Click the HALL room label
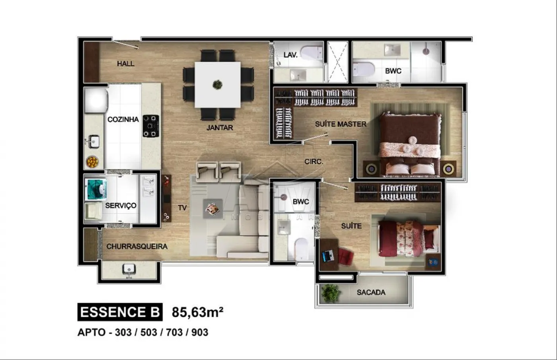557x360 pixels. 126,64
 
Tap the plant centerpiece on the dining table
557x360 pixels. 218,84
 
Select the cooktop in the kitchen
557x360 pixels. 151,126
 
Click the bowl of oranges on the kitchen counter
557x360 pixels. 92,162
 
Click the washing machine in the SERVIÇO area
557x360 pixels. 96,189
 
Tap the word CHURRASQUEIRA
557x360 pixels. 137,246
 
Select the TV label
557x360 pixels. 182,208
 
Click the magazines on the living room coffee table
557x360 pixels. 212,209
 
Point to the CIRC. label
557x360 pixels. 314,162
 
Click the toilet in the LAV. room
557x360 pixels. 311,53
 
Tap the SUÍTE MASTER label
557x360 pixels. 341,124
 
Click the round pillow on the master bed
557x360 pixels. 413,140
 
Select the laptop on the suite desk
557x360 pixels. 328,256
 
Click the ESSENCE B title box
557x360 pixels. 120,312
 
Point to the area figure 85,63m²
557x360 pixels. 198,312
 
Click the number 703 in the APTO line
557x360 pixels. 174,333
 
